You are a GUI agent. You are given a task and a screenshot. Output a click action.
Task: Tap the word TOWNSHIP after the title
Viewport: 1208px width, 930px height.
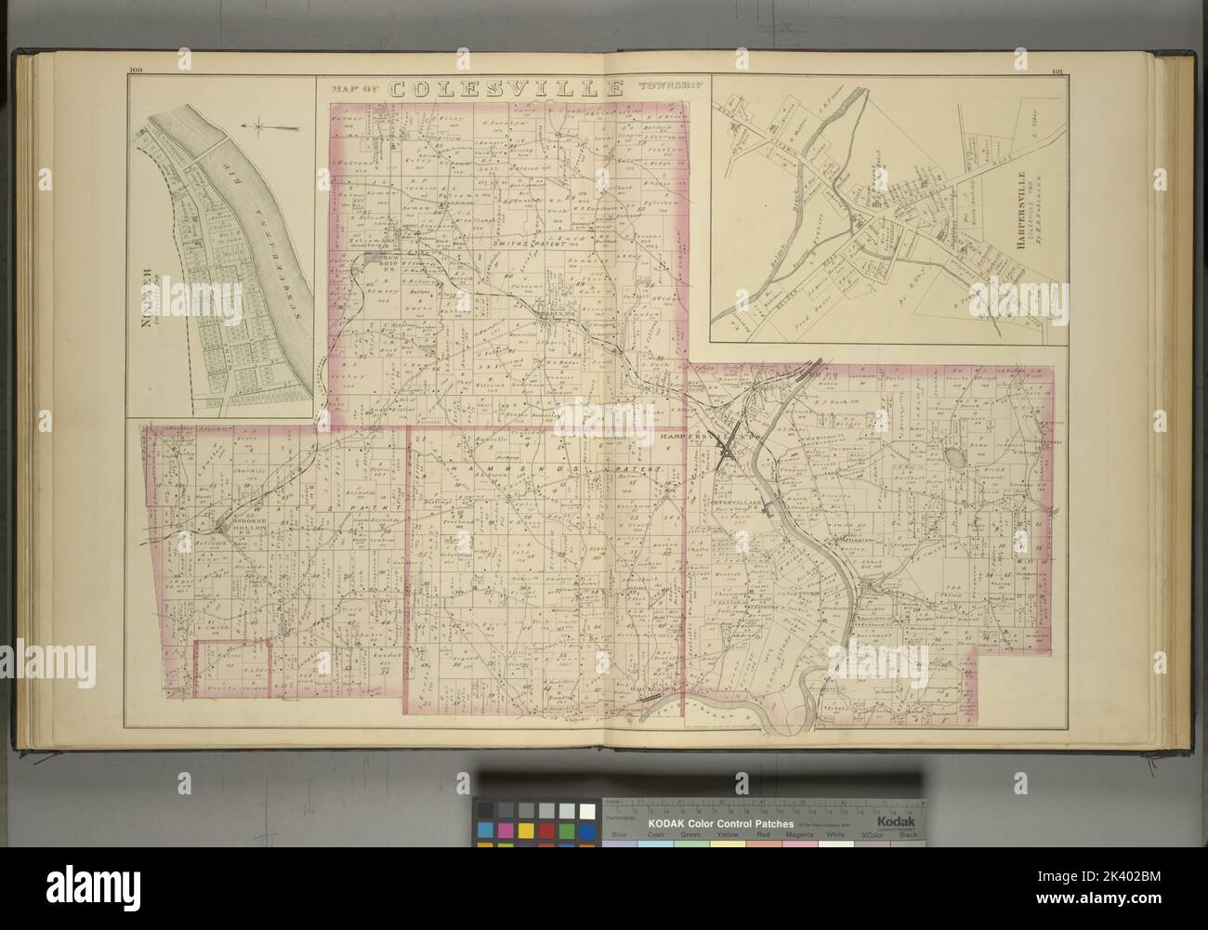[x=663, y=90]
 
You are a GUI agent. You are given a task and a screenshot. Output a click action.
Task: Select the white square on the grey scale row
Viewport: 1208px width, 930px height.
[x=587, y=809]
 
